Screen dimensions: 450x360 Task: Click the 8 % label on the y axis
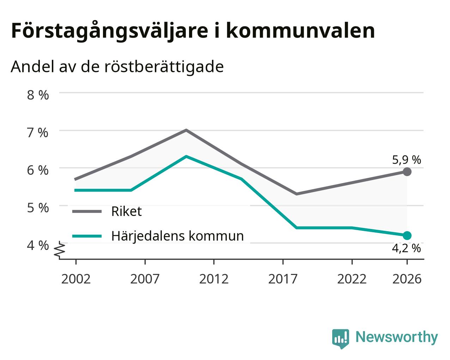tap(38, 95)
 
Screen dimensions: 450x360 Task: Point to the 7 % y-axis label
tap(38, 133)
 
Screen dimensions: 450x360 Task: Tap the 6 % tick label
tap(38, 170)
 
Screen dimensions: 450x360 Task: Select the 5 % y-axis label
tap(38, 208)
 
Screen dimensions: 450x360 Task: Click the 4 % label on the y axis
tap(38, 245)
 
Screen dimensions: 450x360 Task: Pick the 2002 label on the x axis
tap(76, 279)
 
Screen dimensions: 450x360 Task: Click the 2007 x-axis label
tap(145, 279)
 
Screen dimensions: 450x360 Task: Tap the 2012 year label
tap(214, 279)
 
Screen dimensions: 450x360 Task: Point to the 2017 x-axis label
tap(283, 279)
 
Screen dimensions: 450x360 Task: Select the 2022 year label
tap(352, 279)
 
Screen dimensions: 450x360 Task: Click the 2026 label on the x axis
tap(407, 279)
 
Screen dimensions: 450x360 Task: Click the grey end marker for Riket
tap(407, 172)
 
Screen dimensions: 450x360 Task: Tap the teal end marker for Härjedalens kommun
tap(407, 236)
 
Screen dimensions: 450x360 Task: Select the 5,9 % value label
tap(407, 160)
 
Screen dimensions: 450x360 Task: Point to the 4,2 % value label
tap(407, 248)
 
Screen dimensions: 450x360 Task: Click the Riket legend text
tap(127, 211)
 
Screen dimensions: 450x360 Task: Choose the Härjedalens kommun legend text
tap(177, 236)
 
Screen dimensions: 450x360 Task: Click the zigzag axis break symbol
tap(60, 249)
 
